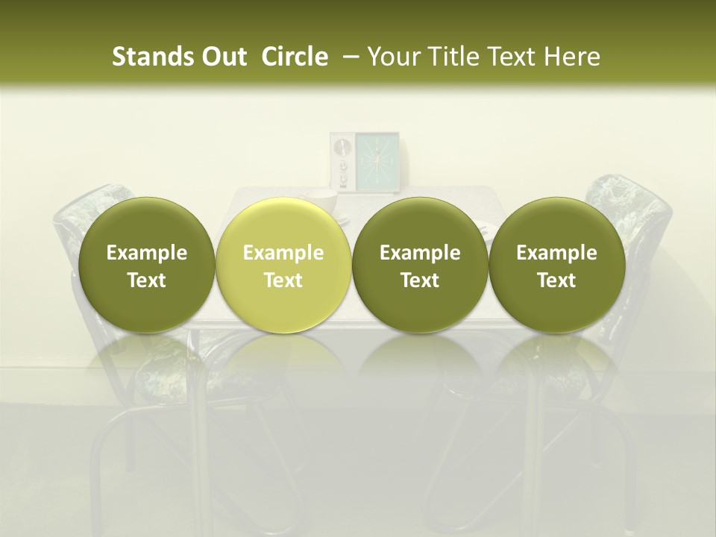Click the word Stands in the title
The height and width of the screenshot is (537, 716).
[148, 57]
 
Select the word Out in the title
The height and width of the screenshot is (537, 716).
[222, 57]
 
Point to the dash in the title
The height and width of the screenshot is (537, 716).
[347, 57]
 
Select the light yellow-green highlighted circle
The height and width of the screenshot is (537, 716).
[283, 265]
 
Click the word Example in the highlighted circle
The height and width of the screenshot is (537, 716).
[283, 253]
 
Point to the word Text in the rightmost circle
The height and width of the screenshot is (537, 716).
[556, 280]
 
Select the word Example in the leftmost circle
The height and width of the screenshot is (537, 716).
[146, 253]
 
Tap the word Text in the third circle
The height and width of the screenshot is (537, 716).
[420, 280]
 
